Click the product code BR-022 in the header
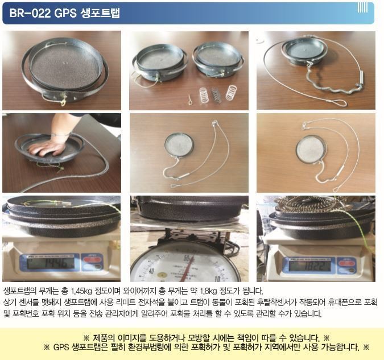click(30, 13)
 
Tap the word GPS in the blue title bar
click(65, 13)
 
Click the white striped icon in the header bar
click(363, 8)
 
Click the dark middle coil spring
click(216, 95)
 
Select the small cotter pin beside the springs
click(191, 99)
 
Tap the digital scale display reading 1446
click(51, 263)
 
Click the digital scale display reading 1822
click(309, 266)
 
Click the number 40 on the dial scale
click(151, 271)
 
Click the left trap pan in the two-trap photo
click(160, 63)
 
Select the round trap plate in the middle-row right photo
click(311, 150)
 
